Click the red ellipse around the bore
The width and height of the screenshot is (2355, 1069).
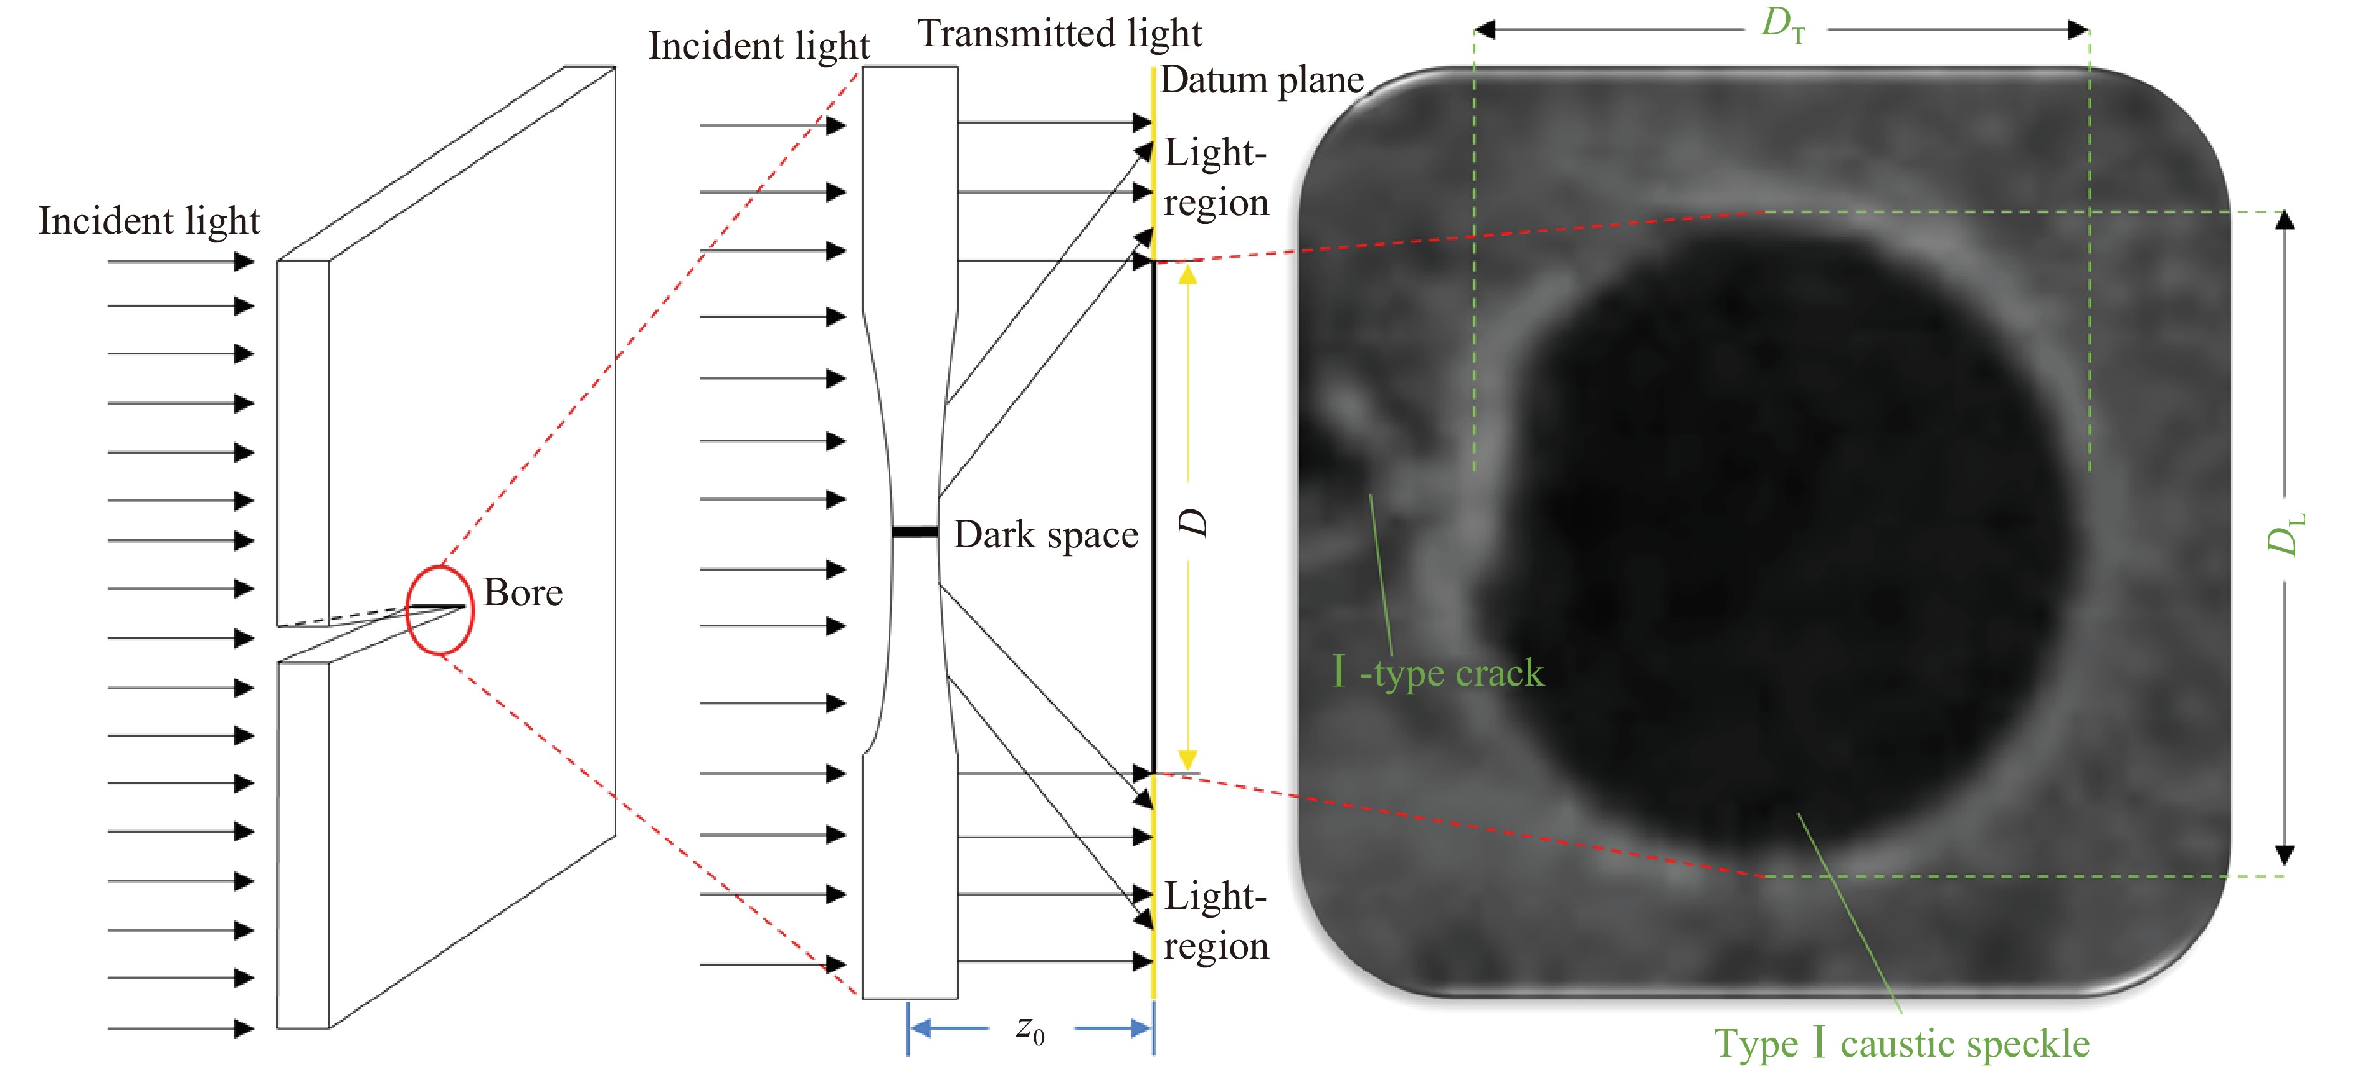[x=440, y=610]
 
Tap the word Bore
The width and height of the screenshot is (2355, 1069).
[x=523, y=593]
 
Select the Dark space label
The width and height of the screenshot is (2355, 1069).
[x=1046, y=535]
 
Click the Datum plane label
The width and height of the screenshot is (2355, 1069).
[x=1262, y=80]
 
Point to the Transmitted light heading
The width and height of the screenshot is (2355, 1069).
[x=1060, y=34]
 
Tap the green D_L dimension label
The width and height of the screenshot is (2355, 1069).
[x=2285, y=535]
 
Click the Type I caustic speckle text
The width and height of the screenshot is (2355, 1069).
[x=1901, y=1043]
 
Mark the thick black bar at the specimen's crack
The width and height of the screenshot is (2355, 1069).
[x=915, y=531]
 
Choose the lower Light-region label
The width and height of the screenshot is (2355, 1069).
[x=1216, y=921]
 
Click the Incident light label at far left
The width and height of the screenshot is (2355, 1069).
[x=149, y=221]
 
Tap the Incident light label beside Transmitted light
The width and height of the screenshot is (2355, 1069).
[x=759, y=46]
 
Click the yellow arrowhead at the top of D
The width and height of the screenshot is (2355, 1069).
[x=1187, y=274]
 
